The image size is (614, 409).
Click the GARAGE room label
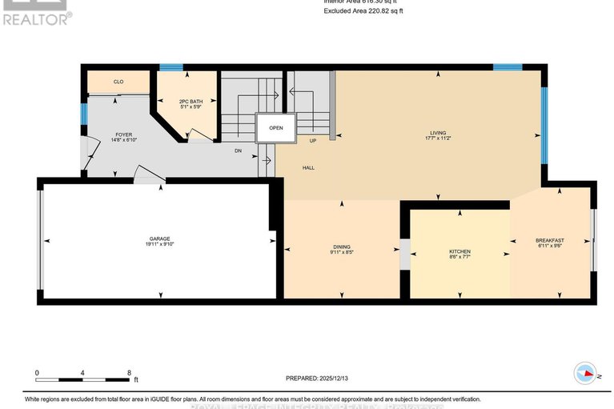click(x=160, y=239)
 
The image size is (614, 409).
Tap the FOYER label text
click(x=122, y=134)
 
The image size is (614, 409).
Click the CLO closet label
click(x=118, y=82)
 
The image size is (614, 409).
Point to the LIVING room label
click(x=438, y=133)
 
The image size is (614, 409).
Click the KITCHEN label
click(x=459, y=251)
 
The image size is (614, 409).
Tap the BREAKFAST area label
click(x=550, y=241)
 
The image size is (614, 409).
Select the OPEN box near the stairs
click(x=275, y=127)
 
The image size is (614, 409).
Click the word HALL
click(x=308, y=168)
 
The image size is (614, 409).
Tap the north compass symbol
click(x=585, y=373)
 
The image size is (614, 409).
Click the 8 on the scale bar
click(x=129, y=373)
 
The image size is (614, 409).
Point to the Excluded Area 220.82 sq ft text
click(x=363, y=11)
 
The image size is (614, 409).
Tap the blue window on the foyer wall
click(x=83, y=114)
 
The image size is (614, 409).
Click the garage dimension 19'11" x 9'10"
click(x=160, y=245)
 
